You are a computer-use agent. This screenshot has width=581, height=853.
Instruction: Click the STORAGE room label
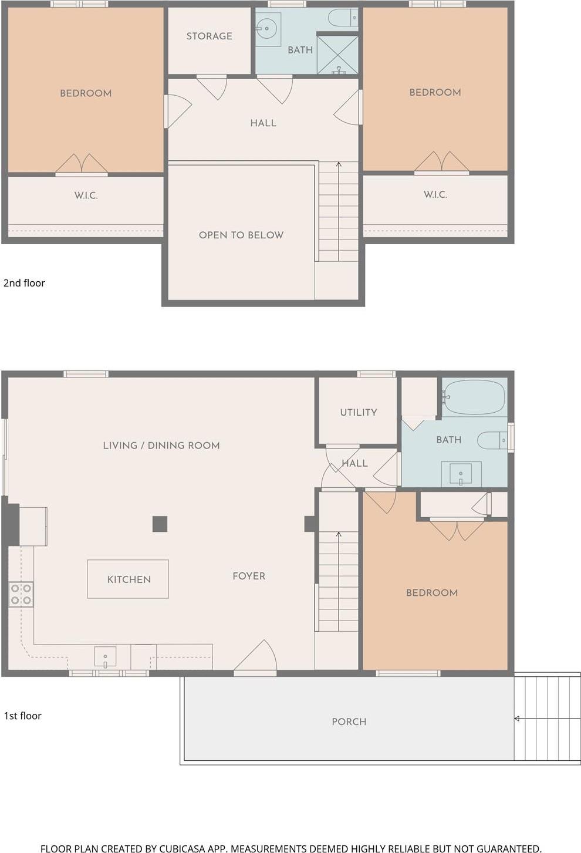(209, 36)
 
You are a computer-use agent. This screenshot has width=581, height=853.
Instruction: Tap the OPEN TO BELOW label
(241, 235)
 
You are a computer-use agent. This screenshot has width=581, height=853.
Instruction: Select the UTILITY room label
(358, 412)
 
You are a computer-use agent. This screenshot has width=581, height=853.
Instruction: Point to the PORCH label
(349, 721)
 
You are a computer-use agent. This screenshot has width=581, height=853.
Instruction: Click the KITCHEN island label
(129, 579)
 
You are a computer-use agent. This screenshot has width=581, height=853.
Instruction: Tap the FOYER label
(249, 576)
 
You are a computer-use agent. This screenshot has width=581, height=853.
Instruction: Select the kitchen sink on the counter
(105, 658)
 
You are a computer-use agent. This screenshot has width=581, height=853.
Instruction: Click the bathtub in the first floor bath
(475, 397)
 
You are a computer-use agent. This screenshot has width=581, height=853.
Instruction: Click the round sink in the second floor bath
(268, 28)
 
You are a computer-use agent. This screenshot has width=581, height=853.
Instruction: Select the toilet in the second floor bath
(343, 18)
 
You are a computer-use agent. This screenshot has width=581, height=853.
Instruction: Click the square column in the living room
(160, 524)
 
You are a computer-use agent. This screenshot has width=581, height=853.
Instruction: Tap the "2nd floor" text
(24, 283)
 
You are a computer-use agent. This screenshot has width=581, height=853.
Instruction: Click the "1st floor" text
(22, 716)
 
